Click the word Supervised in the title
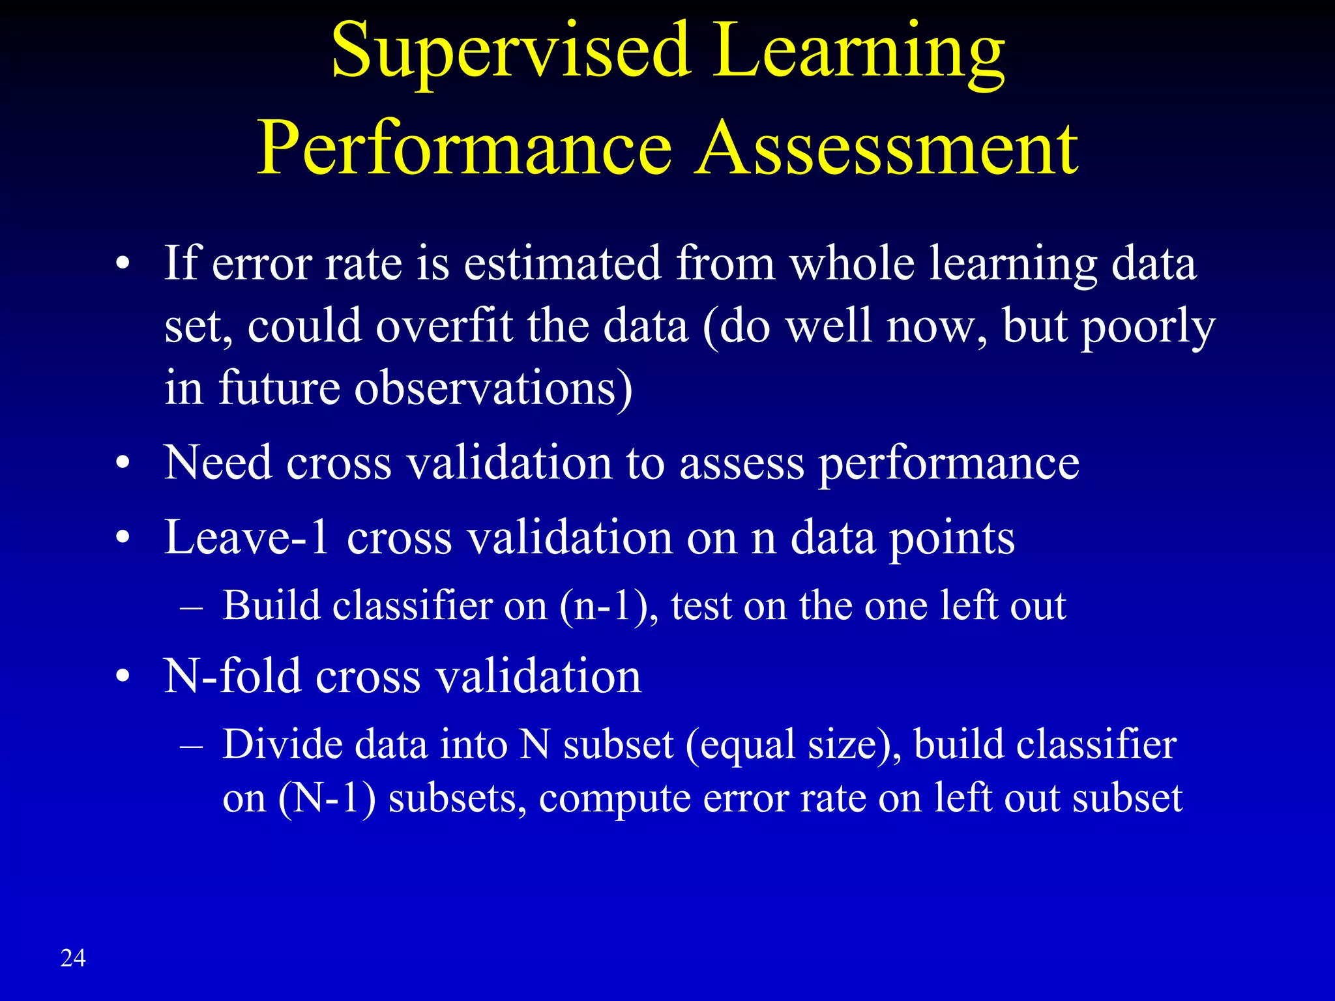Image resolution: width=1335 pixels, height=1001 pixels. (510, 52)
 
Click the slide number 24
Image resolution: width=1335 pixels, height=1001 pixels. (73, 958)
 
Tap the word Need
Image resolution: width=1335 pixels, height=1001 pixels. (218, 463)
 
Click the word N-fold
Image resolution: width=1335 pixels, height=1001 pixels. (232, 676)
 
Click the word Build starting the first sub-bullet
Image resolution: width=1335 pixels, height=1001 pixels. (271, 606)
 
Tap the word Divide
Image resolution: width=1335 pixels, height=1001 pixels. (282, 744)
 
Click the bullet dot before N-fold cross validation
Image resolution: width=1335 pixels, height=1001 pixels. (123, 678)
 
